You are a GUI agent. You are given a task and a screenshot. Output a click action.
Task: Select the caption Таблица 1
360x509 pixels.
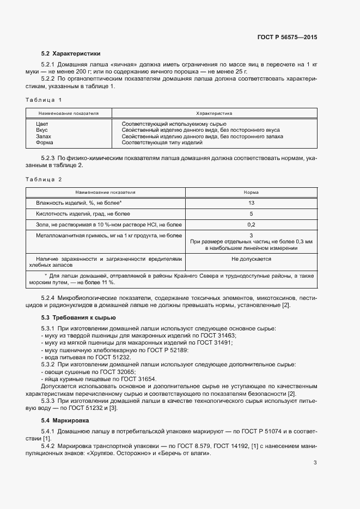pos(44,100)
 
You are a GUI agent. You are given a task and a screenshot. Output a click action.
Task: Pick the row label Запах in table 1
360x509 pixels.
pos(43,137)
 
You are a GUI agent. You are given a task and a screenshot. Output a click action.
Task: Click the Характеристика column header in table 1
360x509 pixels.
pos(214,114)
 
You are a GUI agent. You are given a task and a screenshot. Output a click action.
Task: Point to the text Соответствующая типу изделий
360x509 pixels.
pos(162,143)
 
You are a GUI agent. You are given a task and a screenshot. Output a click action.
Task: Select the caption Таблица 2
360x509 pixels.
pos(44,179)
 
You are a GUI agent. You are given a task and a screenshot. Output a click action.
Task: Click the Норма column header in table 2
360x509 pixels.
pos(251,193)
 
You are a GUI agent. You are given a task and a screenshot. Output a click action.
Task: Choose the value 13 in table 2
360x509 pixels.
pos(251,203)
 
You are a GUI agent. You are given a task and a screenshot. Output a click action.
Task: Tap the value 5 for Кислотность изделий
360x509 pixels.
pos(251,214)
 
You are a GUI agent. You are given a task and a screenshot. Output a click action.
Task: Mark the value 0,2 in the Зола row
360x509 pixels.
pos(251,224)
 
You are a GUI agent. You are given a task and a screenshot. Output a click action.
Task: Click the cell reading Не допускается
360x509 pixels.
pos(251,259)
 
